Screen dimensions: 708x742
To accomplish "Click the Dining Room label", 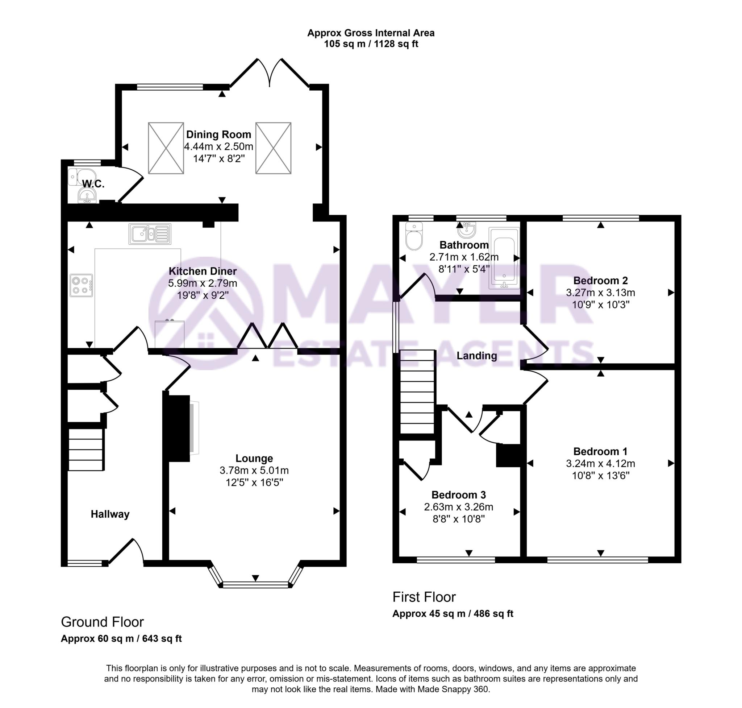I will coord(218,134).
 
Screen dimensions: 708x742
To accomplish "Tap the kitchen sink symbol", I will coord(150,233).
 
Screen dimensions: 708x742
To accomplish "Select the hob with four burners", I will coord(81,285).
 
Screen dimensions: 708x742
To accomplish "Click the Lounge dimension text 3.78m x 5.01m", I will coord(254,471).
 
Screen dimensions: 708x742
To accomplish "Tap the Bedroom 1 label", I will coord(600,451).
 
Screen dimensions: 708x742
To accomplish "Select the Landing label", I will coord(476,356).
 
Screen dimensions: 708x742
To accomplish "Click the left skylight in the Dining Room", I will coord(166,148).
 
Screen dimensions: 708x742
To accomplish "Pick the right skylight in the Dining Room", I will coord(273,148).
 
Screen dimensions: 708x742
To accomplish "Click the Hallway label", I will coord(110,514).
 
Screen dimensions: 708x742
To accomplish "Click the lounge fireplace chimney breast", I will coord(176,428).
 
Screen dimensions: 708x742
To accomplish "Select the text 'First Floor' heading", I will coord(424,597).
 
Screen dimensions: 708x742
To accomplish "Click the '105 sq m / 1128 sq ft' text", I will coord(371,44).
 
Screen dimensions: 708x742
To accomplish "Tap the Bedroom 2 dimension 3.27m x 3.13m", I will coord(600,293).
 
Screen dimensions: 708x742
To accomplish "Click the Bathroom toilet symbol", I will coord(414,236).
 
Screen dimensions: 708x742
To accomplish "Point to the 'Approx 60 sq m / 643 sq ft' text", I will coord(121,638).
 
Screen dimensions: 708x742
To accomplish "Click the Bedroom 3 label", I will coord(458,495).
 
